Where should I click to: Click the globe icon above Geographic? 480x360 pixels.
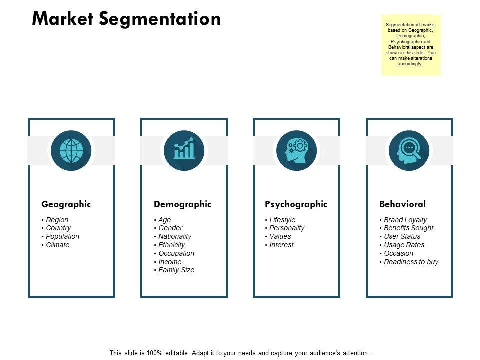(71, 150)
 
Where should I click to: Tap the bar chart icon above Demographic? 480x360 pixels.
(184, 150)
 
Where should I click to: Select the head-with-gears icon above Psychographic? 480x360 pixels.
(296, 150)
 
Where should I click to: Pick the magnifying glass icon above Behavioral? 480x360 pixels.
(409, 150)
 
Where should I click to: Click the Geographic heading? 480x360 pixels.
(66, 204)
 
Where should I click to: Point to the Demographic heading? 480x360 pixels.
(182, 204)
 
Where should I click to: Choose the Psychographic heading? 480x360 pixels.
(296, 204)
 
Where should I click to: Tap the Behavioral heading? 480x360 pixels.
(402, 204)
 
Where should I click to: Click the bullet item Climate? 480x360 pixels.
(57, 245)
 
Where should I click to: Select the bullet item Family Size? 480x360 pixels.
(176, 270)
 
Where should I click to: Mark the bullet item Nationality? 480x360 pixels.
(175, 237)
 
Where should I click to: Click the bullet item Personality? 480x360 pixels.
(287, 228)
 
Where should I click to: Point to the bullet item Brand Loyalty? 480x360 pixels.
(405, 220)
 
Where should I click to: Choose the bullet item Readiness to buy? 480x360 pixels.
(411, 262)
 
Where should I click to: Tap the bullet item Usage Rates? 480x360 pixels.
(404, 245)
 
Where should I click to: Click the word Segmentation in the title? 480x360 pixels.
(160, 19)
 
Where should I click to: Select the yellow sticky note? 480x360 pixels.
(411, 45)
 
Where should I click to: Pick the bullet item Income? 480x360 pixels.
(170, 262)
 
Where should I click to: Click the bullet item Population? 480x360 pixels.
(62, 237)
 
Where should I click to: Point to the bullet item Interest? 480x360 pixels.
(281, 245)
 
